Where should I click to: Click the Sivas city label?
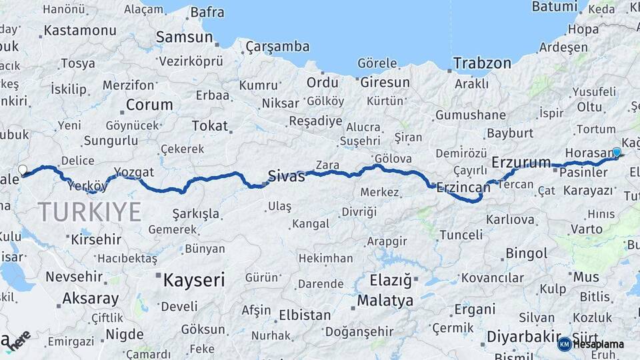[x=286, y=176]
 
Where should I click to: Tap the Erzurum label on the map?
[x=521, y=162]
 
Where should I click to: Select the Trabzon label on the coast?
[x=482, y=63]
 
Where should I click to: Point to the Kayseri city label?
[x=194, y=279]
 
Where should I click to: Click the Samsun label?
[x=184, y=37]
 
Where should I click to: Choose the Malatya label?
[x=385, y=301]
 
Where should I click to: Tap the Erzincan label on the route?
[x=463, y=189]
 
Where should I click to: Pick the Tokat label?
[x=209, y=125]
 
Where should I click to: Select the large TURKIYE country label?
[x=89, y=212]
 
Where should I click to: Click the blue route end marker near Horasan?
[x=617, y=153]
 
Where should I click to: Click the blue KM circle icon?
[x=564, y=344]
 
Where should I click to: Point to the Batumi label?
[x=554, y=7]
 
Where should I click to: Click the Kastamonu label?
[x=80, y=31]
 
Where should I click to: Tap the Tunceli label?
[x=461, y=235]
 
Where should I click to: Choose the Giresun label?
[x=385, y=83]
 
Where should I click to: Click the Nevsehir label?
[x=73, y=276]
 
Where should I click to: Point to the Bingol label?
[x=527, y=253]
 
